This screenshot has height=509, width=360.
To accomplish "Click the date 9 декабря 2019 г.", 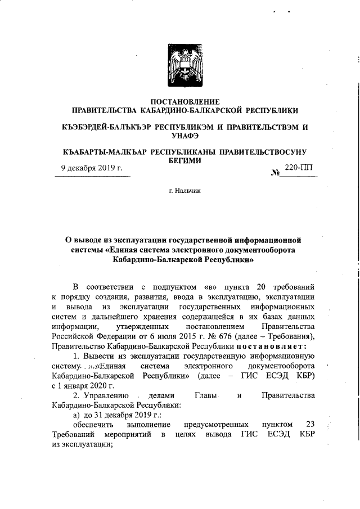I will [92, 168].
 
